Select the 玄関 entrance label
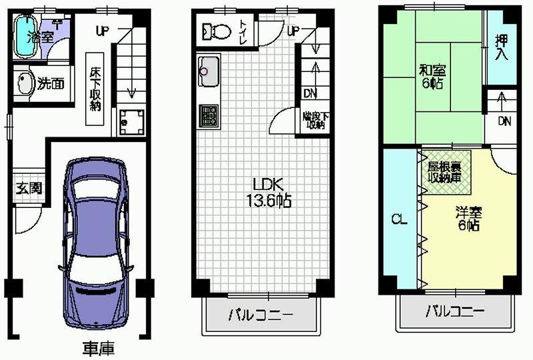point(29,188)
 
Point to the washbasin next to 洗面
point(25,85)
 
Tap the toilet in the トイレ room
point(215,31)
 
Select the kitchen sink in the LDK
point(208,72)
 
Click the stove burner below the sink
point(208,116)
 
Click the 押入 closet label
point(501,47)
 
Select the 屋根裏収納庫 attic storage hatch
point(444,172)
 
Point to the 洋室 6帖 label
point(468,219)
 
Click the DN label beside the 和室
point(504,121)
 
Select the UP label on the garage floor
point(102,30)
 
